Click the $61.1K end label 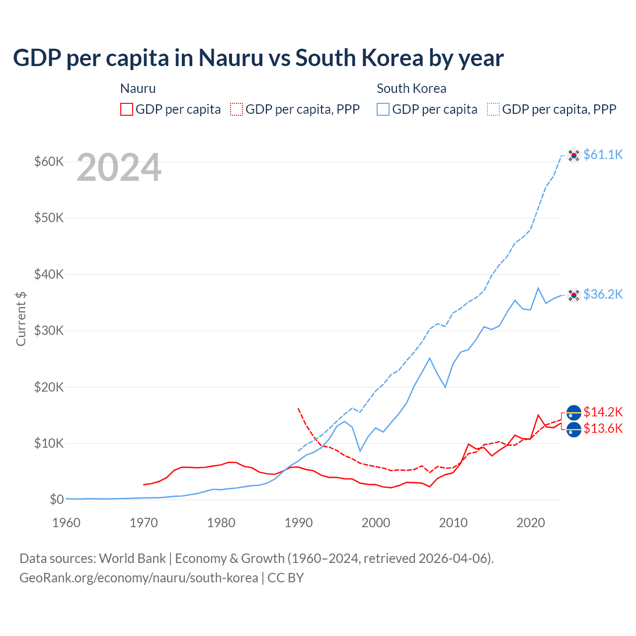pos(603,155)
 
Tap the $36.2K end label pos(603,294)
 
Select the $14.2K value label pos(603,412)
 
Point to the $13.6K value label pos(603,428)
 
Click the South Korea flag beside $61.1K pos(574,156)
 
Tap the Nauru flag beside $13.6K pos(574,430)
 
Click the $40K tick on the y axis pos(49,274)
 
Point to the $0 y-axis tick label pos(57,499)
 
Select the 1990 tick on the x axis pos(299,523)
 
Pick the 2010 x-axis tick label pos(453,523)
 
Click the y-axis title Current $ pos(21,318)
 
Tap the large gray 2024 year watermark pos(119,167)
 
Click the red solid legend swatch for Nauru pos(127,109)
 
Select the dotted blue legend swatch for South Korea pos(493,109)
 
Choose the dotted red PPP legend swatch pos(237,109)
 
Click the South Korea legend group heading pos(411,88)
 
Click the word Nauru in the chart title pos(231,58)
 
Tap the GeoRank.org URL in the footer pos(139,578)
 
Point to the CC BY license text pos(286,578)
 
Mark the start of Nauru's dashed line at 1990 pos(298,408)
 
